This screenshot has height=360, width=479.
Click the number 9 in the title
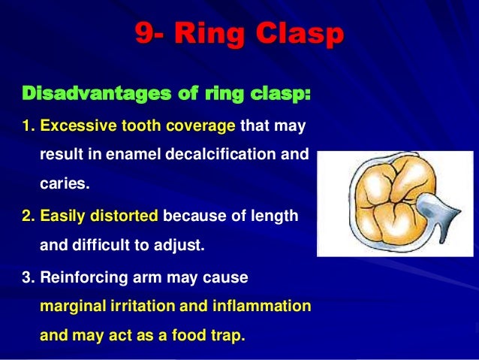(x=143, y=34)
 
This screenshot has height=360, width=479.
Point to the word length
(x=277, y=216)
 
